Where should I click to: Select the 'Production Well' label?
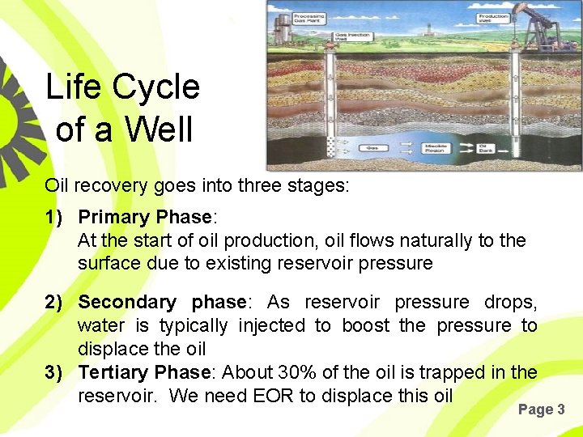(x=493, y=17)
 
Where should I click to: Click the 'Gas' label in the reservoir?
(x=372, y=148)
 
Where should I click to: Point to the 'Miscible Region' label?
(x=436, y=150)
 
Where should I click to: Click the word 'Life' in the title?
(x=74, y=87)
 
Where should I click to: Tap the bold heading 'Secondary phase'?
(x=162, y=303)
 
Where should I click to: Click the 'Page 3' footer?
(x=541, y=409)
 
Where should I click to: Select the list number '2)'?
(x=55, y=303)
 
